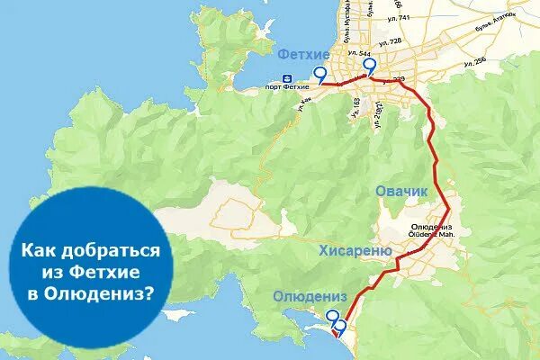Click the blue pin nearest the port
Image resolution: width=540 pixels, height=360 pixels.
tap(320, 75)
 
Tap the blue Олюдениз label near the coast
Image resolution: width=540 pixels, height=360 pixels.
tap(309, 297)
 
